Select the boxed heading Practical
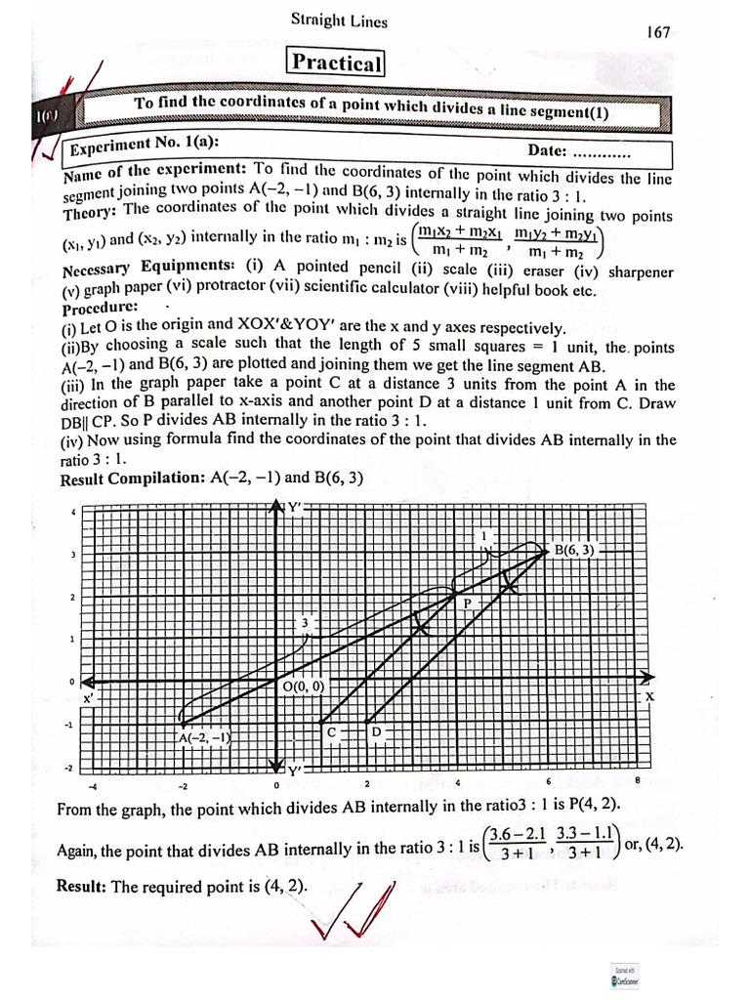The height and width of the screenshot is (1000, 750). pos(337,63)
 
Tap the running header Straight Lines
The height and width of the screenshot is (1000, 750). pos(339,21)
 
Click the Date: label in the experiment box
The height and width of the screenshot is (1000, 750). pos(547,150)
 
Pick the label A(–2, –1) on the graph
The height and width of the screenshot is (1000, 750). pos(203,738)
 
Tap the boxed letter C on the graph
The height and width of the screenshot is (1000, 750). pos(331,731)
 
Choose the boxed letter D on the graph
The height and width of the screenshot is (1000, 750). pos(376,731)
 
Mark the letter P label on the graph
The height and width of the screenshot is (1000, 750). pos(467,604)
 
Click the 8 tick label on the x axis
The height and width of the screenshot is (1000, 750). pos(637,780)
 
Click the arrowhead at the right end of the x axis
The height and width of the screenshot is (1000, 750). pos(647,676)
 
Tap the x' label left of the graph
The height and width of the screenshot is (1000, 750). pos(88,699)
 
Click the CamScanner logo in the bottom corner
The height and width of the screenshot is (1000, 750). pos(619,979)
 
